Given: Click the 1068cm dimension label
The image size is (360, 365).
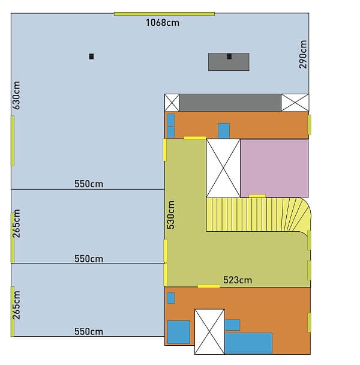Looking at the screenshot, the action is pyautogui.click(x=163, y=23).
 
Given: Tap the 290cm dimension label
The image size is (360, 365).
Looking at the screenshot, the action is pyautogui.click(x=303, y=55).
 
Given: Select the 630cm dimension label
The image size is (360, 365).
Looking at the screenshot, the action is pyautogui.click(x=16, y=95).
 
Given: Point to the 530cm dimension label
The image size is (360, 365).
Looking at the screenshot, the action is pyautogui.click(x=170, y=215).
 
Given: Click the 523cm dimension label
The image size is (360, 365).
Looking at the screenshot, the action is pyautogui.click(x=238, y=280).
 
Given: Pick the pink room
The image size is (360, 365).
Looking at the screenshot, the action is pyautogui.click(x=274, y=168).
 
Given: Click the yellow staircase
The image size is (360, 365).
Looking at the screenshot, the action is pyautogui.click(x=259, y=215).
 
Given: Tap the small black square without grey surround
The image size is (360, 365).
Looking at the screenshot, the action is pyautogui.click(x=91, y=56).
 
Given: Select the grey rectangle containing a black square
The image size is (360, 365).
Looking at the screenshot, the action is pyautogui.click(x=229, y=62).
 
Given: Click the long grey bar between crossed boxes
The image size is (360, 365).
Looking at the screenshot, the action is pyautogui.click(x=230, y=103).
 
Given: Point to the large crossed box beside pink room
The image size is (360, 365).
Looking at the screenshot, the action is pyautogui.click(x=223, y=168).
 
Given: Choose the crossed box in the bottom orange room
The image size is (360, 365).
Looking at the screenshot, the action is pyautogui.click(x=209, y=332).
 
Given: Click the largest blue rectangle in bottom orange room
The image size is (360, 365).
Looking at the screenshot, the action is pyautogui.click(x=248, y=343).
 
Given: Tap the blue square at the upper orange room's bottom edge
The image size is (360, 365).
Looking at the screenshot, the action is pyautogui.click(x=224, y=131).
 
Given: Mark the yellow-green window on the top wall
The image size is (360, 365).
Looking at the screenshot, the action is pyautogui.click(x=164, y=14).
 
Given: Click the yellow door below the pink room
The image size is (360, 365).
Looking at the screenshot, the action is pyautogui.click(x=257, y=196).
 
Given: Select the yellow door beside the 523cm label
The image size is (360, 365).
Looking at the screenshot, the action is pyautogui.click(x=209, y=286).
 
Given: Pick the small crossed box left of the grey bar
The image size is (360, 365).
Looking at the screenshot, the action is pyautogui.click(x=172, y=103).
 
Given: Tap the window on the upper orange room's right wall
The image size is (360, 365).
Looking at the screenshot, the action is pyautogui.click(x=310, y=125).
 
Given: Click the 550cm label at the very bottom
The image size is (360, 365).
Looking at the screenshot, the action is pyautogui.click(x=89, y=331).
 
